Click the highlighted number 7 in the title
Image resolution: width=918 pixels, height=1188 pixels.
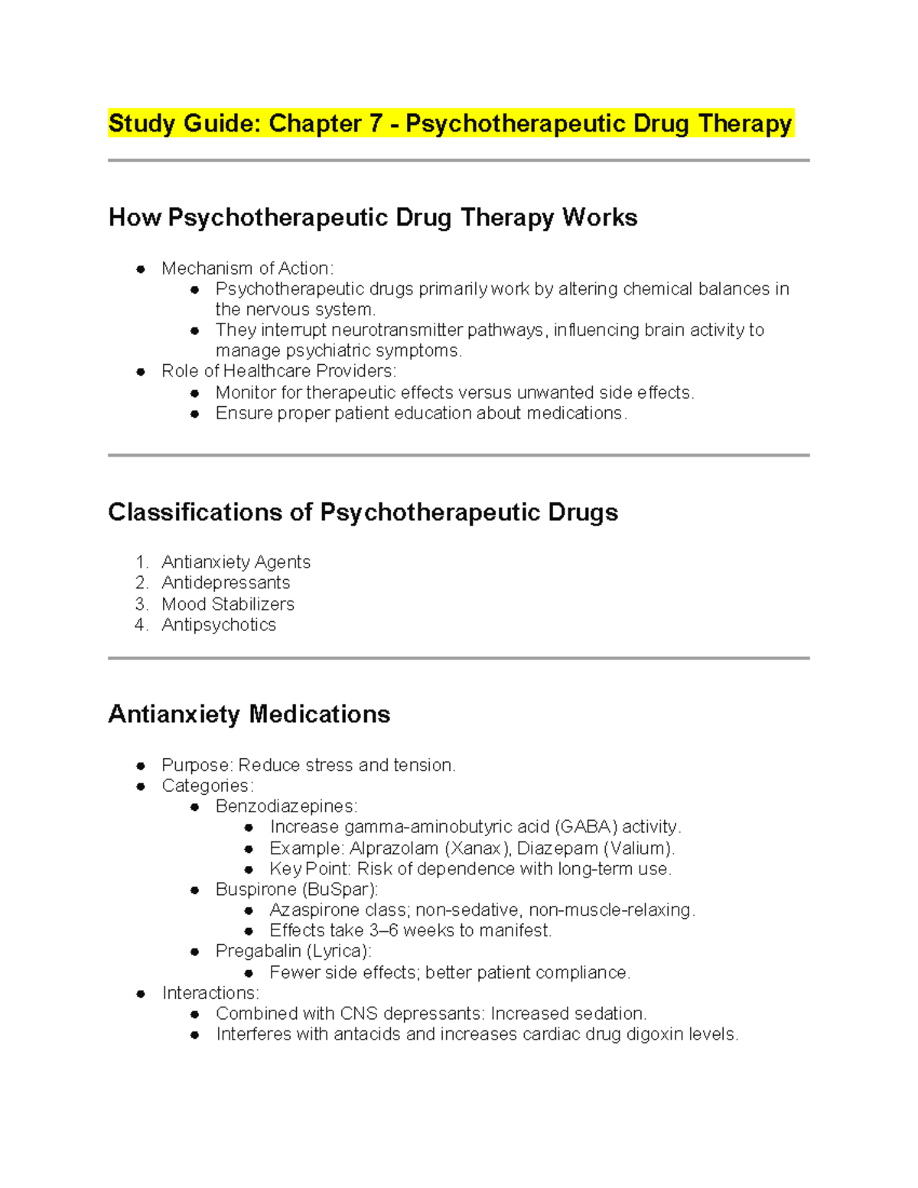(374, 123)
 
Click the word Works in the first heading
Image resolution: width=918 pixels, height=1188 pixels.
(600, 217)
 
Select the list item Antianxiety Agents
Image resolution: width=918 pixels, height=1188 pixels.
(236, 562)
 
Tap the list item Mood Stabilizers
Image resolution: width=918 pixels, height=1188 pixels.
(228, 604)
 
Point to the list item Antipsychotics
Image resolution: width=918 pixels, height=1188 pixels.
(219, 625)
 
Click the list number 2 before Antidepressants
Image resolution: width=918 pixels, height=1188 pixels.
(141, 583)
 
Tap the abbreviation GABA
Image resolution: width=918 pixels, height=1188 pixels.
(586, 827)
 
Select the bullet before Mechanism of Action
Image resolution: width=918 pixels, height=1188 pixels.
(141, 269)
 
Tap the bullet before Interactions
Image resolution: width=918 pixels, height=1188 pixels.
(141, 994)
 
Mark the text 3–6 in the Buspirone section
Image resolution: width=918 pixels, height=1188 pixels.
(383, 931)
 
